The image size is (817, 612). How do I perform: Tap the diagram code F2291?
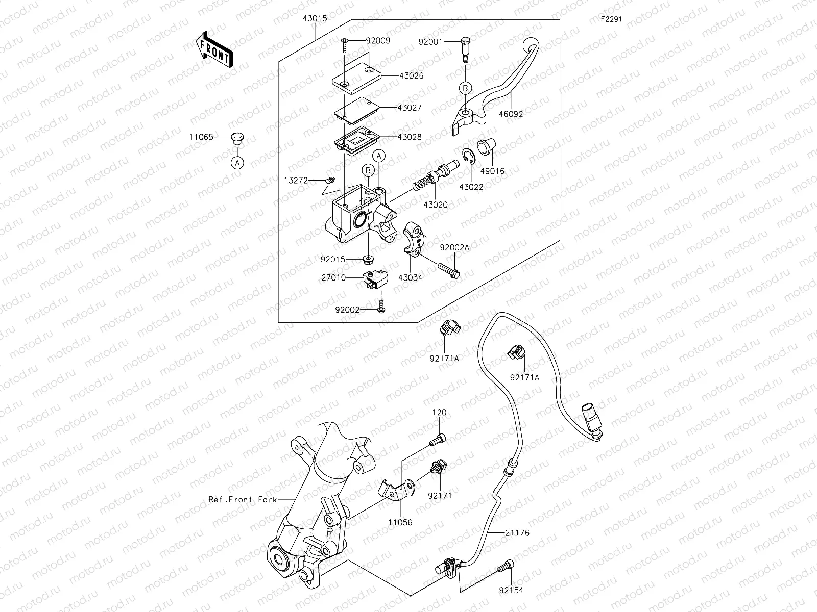[611, 21]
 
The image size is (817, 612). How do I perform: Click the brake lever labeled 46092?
[490, 87]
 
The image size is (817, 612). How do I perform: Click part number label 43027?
[410, 108]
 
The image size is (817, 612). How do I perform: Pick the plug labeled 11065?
[237, 138]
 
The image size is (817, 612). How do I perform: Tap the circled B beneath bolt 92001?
[465, 88]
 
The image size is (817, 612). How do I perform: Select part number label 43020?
[435, 205]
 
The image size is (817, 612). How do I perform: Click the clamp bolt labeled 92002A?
[448, 269]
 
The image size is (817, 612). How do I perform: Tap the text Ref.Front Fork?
[243, 499]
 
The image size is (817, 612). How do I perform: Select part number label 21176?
[517, 533]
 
